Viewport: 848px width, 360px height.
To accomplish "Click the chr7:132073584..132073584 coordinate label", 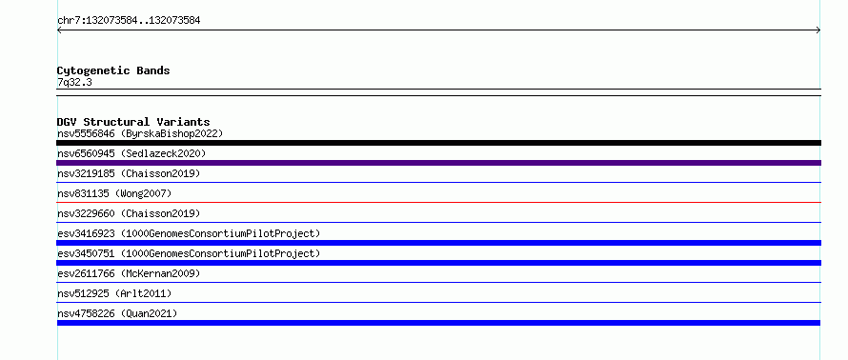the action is (x=129, y=21).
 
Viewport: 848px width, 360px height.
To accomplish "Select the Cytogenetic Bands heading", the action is (x=113, y=70).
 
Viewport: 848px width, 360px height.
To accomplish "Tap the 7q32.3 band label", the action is (x=74, y=83).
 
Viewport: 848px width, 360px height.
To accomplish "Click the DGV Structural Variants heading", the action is (x=133, y=122).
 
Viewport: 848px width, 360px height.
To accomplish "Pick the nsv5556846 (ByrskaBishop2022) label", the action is (x=140, y=133).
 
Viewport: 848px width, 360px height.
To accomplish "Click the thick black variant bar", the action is (x=438, y=143).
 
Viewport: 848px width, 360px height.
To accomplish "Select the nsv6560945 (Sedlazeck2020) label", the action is (x=131, y=153).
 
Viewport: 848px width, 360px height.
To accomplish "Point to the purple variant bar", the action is (x=438, y=163).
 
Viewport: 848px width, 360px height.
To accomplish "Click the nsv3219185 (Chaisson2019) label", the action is (x=129, y=173).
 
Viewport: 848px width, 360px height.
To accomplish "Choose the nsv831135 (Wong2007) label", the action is (x=114, y=193).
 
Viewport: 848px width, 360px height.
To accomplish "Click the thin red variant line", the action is (x=438, y=202).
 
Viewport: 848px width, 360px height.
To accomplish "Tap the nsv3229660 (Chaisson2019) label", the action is (x=129, y=213).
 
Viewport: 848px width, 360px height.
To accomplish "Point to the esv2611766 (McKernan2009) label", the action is (x=129, y=273).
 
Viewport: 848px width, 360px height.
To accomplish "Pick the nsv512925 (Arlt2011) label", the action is (x=114, y=293).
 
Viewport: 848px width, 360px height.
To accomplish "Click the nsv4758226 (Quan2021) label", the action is (x=117, y=313).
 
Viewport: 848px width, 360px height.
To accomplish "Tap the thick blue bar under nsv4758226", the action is (x=438, y=323).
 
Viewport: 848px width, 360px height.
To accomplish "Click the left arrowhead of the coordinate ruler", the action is (x=58, y=30).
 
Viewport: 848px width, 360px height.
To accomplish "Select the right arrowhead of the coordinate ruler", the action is (x=819, y=30).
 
